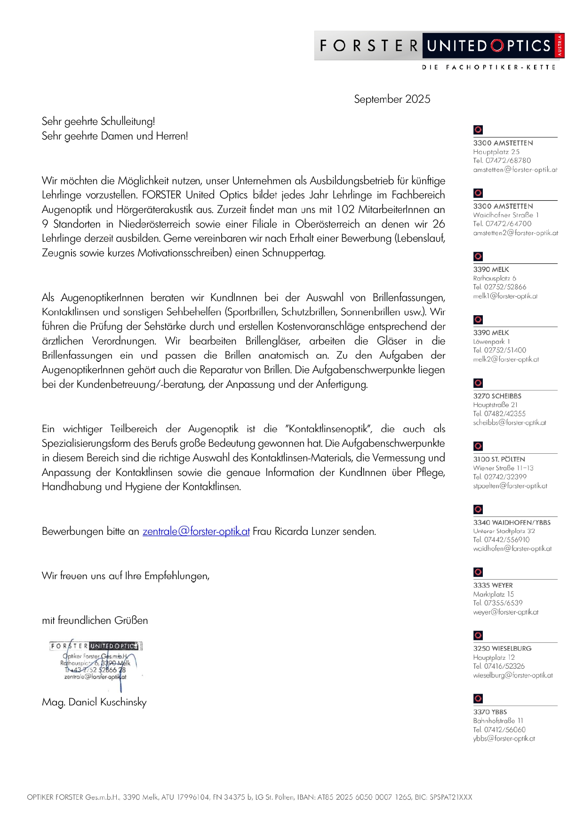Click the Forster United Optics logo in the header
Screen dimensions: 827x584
[x=439, y=46]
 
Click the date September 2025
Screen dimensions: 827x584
[x=392, y=99]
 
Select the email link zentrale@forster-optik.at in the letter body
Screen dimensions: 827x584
[x=196, y=532]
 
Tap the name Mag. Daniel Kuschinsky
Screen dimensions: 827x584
[x=94, y=702]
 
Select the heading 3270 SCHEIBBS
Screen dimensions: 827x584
[x=497, y=396]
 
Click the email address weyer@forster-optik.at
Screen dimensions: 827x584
[x=505, y=612]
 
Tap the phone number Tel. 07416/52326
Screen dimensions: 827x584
[x=499, y=666]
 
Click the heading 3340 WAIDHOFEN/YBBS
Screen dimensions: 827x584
[x=512, y=523]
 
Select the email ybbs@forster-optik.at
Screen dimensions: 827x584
[x=504, y=738]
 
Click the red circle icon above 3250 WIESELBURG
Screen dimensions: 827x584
[x=478, y=636]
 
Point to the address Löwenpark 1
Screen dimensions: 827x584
[x=492, y=341]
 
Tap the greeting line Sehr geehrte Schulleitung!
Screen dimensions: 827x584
[x=98, y=122]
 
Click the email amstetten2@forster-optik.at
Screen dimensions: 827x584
[x=515, y=233]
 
